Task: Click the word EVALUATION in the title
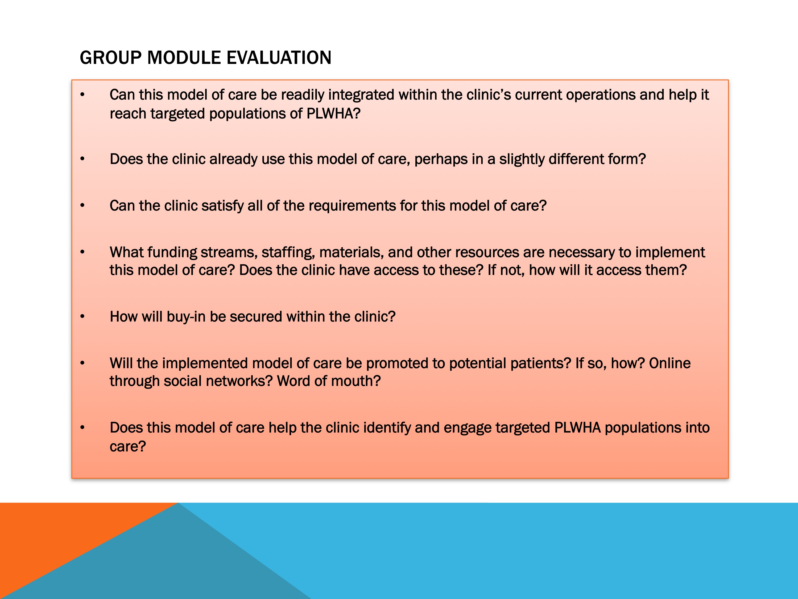click(279, 58)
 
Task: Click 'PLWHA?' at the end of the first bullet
click(333, 114)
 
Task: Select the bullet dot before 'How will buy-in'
click(82, 317)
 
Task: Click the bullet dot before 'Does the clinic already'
click(82, 159)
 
